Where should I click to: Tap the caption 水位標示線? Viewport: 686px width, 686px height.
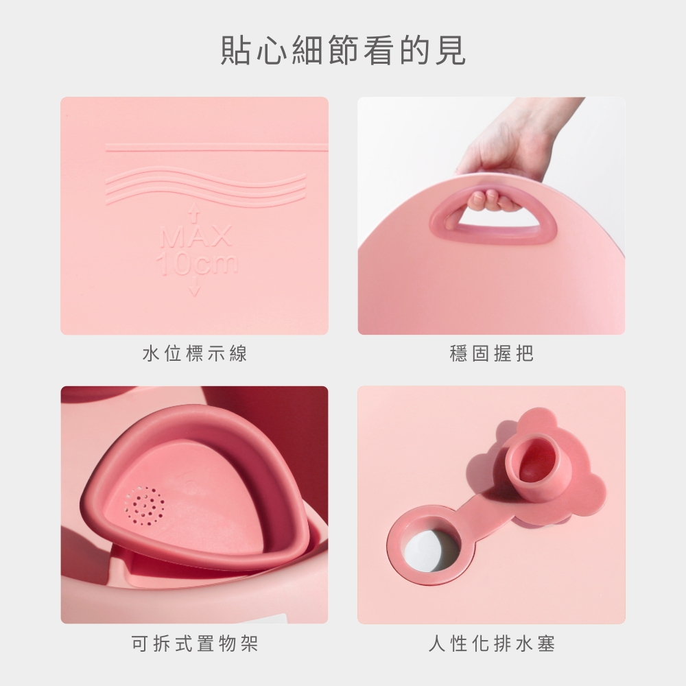[195, 353]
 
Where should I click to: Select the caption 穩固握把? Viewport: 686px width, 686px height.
[492, 353]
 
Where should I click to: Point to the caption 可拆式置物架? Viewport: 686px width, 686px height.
[195, 643]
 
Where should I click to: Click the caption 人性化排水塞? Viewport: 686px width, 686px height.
[492, 643]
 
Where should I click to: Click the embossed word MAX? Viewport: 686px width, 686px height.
[196, 237]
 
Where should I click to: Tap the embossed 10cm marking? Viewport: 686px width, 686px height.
[198, 263]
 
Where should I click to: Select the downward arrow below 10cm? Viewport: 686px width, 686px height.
[195, 286]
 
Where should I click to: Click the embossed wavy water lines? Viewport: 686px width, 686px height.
[206, 186]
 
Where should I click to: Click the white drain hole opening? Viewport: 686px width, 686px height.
[425, 549]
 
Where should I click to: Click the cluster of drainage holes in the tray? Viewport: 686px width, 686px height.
[145, 506]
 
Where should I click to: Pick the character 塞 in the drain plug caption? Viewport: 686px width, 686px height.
[547, 643]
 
